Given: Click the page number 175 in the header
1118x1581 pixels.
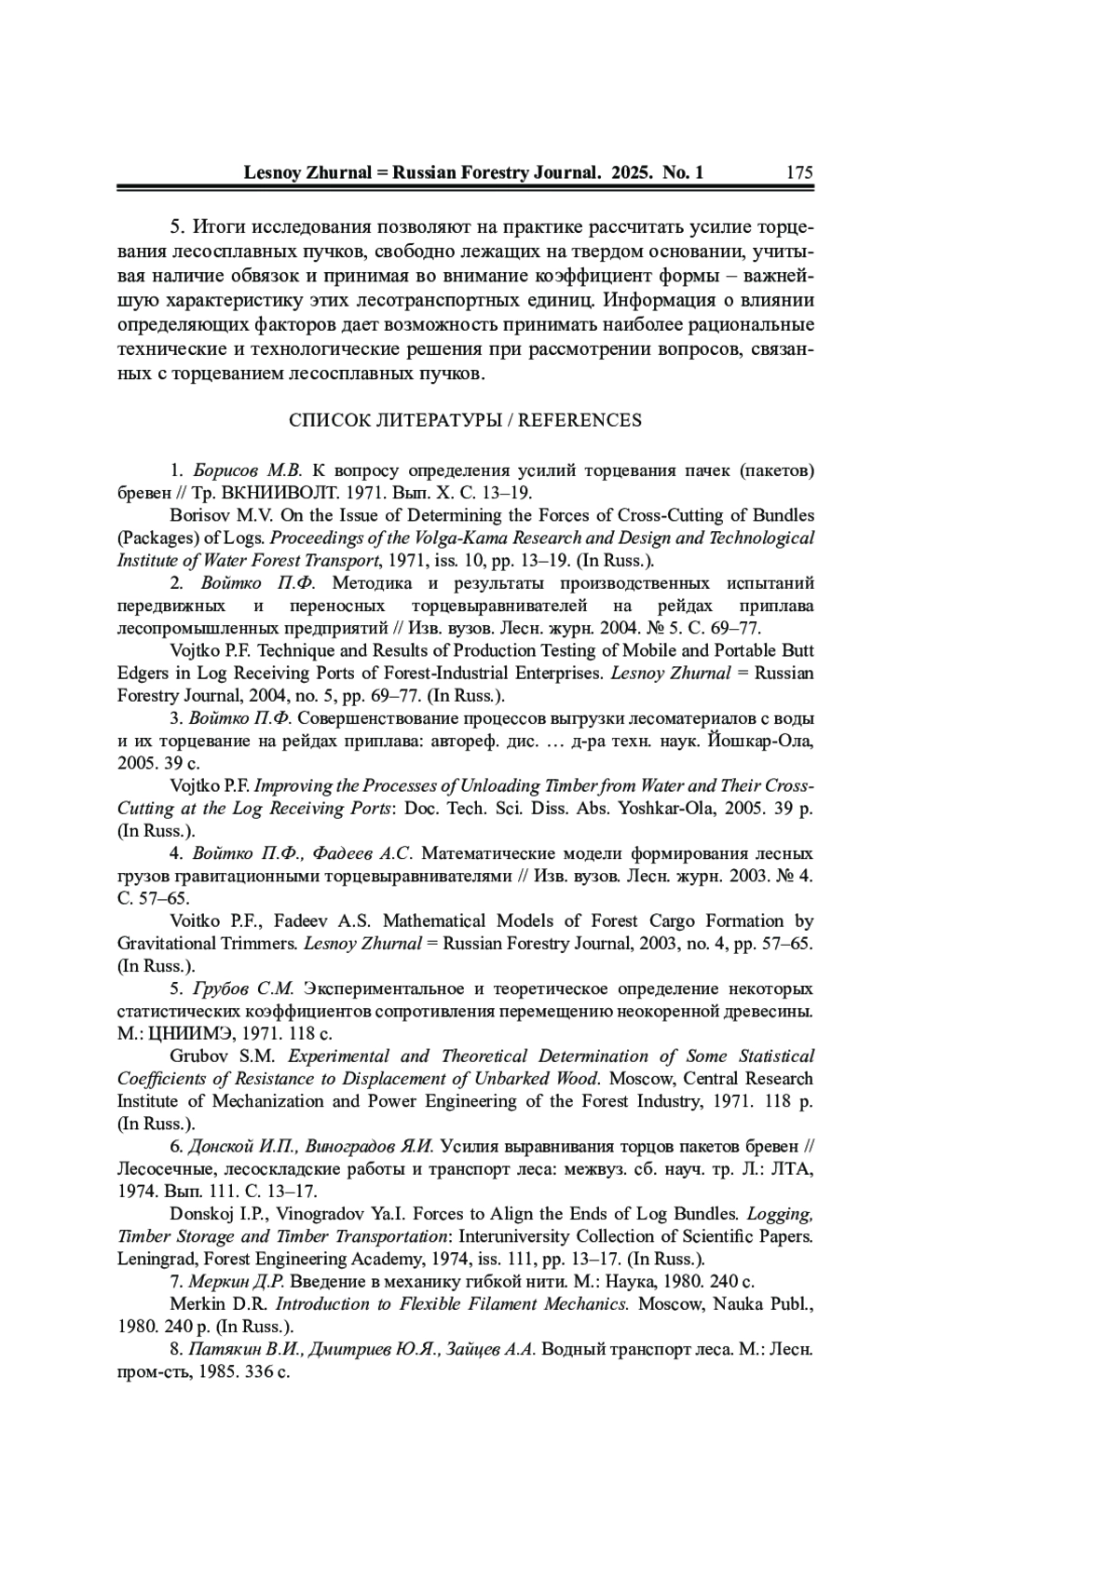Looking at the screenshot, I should click(799, 172).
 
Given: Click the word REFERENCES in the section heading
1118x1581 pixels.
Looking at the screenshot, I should click(579, 420).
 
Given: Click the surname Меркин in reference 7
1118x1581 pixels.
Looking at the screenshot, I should click(218, 1281).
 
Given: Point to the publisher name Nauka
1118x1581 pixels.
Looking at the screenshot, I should click(739, 1303).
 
